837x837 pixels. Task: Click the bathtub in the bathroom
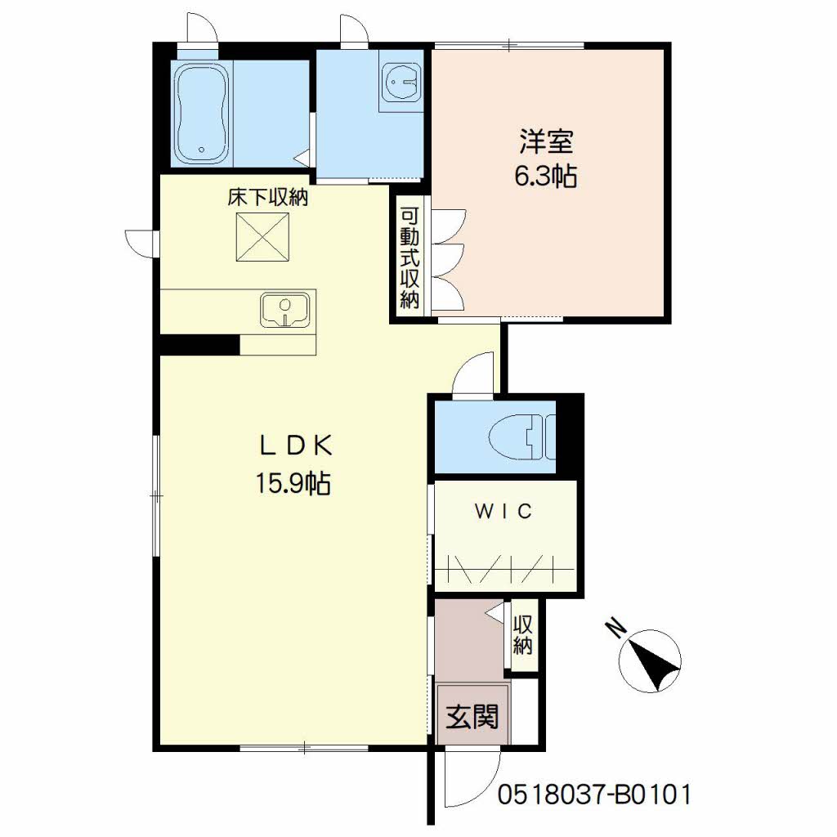click(x=203, y=113)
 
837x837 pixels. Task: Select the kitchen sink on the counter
click(x=285, y=309)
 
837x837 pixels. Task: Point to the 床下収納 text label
click(x=268, y=198)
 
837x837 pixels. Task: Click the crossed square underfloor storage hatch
click(x=262, y=237)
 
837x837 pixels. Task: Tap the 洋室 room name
click(x=545, y=141)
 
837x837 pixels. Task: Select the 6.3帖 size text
click(x=545, y=177)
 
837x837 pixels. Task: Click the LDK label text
click(x=296, y=446)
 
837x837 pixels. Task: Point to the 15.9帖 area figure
click(x=293, y=483)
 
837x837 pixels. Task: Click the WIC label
click(x=504, y=512)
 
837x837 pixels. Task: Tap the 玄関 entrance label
click(x=472, y=716)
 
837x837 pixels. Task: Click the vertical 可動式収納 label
click(x=410, y=258)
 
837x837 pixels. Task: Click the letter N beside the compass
click(x=617, y=628)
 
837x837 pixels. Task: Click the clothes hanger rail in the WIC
click(x=504, y=569)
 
